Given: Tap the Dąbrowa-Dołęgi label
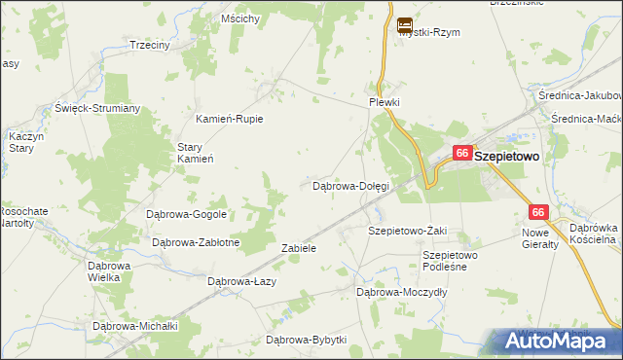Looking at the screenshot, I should [350, 185].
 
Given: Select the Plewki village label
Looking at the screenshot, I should [385, 102].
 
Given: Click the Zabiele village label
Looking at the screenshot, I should [299, 248].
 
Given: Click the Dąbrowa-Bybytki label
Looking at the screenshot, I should [307, 340].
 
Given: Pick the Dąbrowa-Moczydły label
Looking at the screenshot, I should [401, 291].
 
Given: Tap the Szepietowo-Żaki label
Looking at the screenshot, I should [407, 231].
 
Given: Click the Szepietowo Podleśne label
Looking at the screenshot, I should [445, 261].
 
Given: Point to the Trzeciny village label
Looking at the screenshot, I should [150, 45].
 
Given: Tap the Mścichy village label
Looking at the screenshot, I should [239, 18].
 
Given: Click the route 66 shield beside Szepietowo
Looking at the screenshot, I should [462, 154].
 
